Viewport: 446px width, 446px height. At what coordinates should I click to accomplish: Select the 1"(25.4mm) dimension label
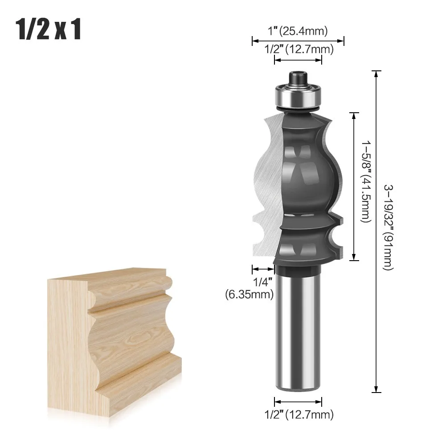(x=298, y=31)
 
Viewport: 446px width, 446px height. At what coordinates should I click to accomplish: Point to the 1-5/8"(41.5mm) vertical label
(x=365, y=186)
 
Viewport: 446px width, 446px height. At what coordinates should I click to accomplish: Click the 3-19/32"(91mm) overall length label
(x=389, y=227)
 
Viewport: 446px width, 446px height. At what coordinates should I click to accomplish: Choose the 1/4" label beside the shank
(x=262, y=282)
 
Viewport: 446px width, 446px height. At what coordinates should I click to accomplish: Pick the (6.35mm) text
(x=249, y=294)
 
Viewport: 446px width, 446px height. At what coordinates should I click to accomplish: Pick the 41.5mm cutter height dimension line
(x=354, y=186)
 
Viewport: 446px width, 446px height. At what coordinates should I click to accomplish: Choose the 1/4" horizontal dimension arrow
(x=263, y=269)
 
